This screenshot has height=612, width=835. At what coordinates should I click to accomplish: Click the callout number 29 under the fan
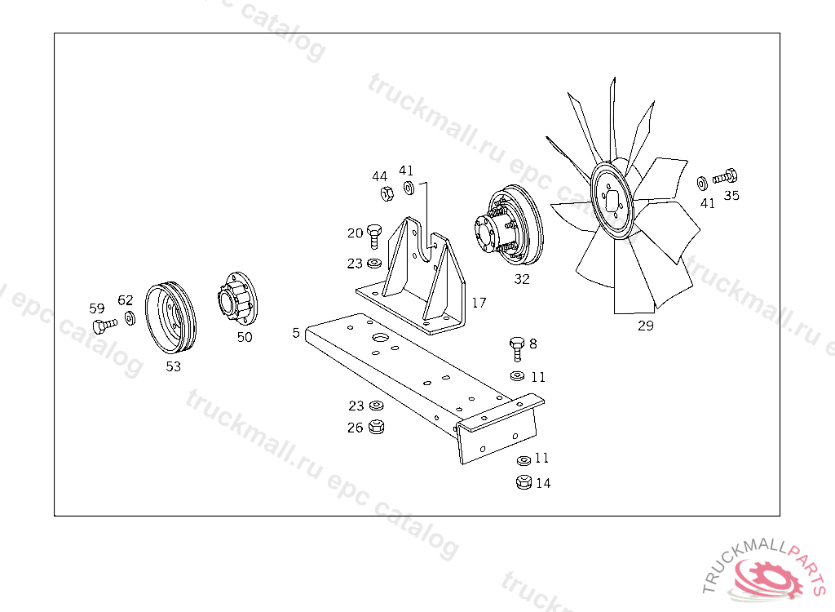point(646,326)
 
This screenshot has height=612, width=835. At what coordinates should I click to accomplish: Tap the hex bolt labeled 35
point(725,175)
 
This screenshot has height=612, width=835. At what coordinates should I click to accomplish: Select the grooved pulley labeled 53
point(170,317)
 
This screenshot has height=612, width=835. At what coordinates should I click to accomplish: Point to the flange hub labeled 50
point(237,297)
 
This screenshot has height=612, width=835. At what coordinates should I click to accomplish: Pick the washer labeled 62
point(130,318)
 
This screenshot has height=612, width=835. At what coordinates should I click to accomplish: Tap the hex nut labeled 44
point(387,193)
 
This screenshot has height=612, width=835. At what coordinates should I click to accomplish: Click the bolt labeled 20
point(374,236)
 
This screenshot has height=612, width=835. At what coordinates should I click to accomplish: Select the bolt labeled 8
point(517,348)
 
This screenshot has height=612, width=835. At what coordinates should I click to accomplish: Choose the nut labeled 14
point(524,482)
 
